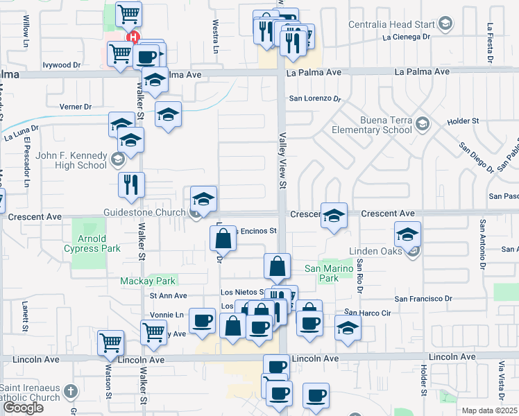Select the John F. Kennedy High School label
[x=67, y=160]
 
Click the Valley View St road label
[x=282, y=161]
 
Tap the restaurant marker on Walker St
[x=130, y=184]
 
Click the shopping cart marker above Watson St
[x=111, y=341]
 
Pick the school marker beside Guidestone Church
[x=204, y=198]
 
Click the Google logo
[x=23, y=408]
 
